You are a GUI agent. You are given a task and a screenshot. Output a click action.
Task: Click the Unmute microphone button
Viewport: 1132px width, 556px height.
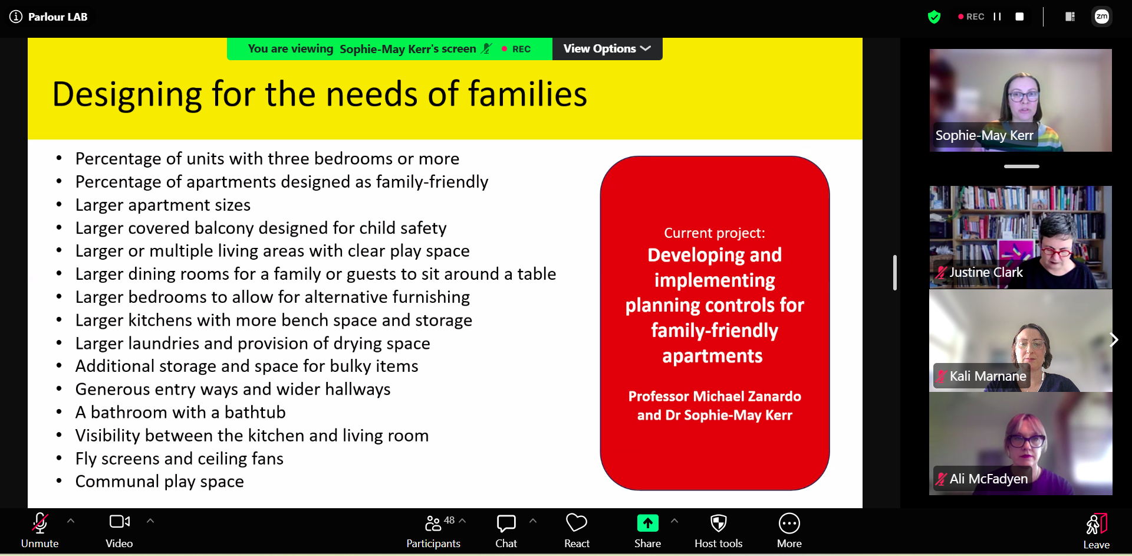40,530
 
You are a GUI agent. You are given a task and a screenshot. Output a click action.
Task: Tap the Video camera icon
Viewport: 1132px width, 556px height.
120,522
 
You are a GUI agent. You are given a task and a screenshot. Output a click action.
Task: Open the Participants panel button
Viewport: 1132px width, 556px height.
433,530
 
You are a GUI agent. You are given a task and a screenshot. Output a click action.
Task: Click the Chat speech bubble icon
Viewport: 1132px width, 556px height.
506,523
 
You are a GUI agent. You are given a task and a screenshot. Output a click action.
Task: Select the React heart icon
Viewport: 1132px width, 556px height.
577,523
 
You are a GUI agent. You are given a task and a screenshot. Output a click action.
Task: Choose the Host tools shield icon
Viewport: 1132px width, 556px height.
718,523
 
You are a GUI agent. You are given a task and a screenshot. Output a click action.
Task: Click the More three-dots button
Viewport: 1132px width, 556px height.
789,523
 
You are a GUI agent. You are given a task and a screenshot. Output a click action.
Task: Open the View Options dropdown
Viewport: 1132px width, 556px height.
607,48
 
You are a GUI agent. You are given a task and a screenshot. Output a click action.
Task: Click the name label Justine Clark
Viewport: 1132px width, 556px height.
986,272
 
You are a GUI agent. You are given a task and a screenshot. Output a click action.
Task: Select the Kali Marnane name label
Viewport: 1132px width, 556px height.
988,376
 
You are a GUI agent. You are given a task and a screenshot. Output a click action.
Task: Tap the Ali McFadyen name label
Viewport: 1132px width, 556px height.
988,479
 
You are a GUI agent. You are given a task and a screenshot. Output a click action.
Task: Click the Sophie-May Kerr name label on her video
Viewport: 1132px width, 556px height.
984,135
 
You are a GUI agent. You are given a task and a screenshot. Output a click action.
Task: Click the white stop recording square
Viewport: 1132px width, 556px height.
1019,17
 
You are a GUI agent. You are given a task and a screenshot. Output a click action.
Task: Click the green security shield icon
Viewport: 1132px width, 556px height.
934,17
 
